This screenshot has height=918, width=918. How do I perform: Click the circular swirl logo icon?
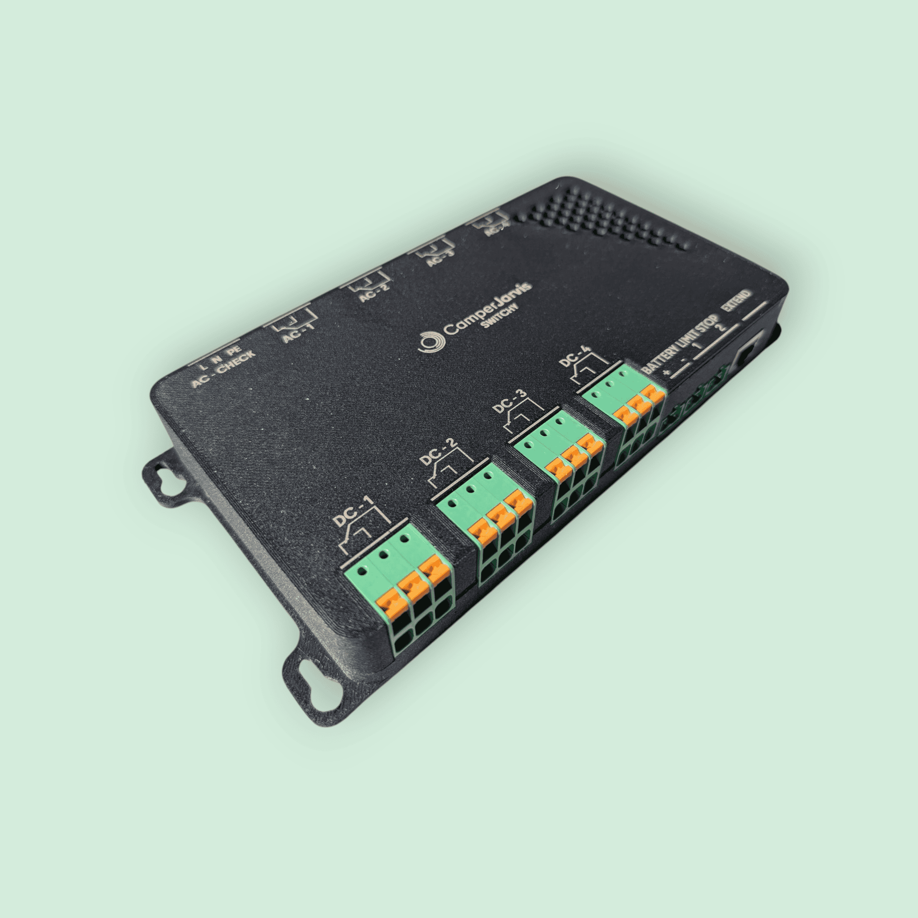pyautogui.click(x=432, y=341)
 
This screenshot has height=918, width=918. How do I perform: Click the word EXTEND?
pyautogui.click(x=736, y=301)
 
